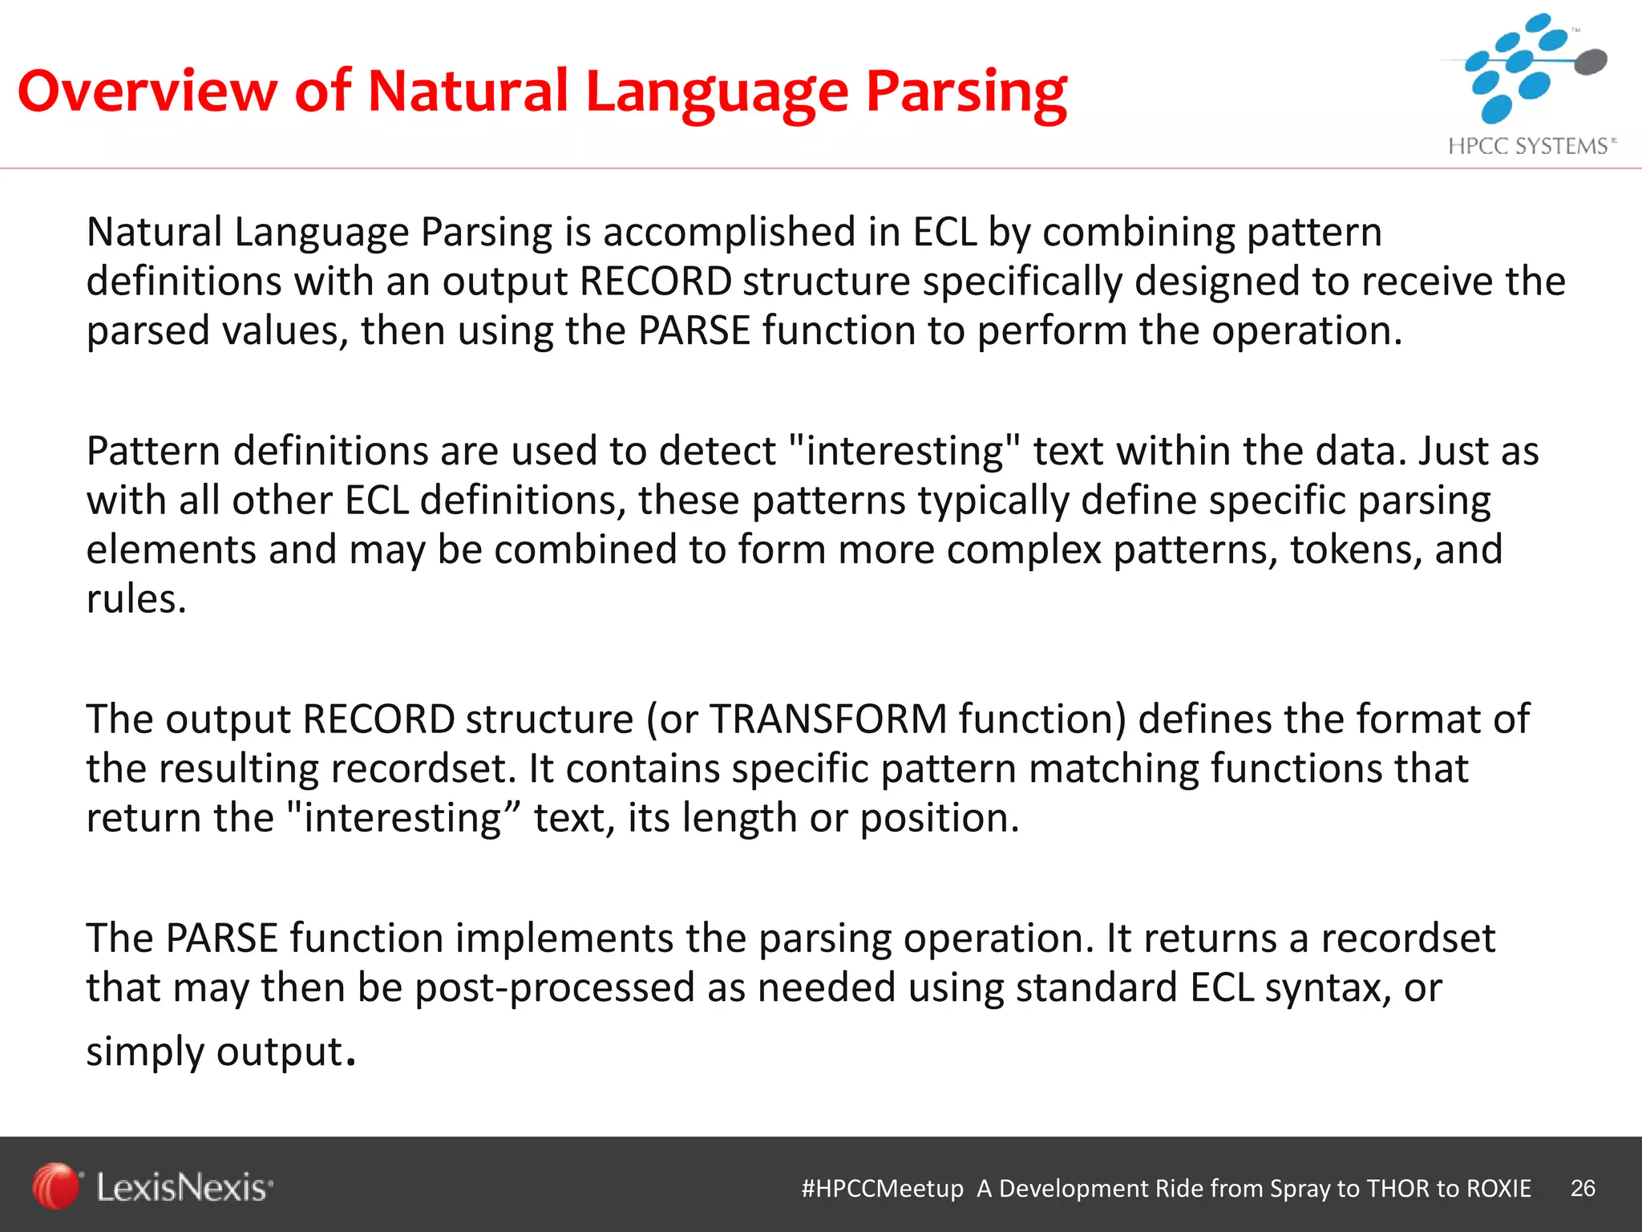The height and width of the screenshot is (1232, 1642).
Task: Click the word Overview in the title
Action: pyautogui.click(x=147, y=90)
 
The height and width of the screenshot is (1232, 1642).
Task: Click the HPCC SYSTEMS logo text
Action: pyautogui.click(x=1530, y=146)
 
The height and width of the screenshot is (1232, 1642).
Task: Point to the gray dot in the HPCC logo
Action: pyautogui.click(x=1591, y=61)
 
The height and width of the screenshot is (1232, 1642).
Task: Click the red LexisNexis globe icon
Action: pyautogui.click(x=55, y=1185)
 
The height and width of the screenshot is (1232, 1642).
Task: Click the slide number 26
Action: pyautogui.click(x=1583, y=1188)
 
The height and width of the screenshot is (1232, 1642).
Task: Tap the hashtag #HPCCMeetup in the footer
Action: pyautogui.click(x=882, y=1189)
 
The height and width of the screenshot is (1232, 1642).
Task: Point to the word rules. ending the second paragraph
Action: pyautogui.click(x=136, y=599)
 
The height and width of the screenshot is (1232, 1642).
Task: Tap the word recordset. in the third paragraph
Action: pyautogui.click(x=423, y=768)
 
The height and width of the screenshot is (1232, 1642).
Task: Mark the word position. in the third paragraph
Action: pyautogui.click(x=939, y=819)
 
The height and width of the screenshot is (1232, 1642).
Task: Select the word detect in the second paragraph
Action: pyautogui.click(x=718, y=452)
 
